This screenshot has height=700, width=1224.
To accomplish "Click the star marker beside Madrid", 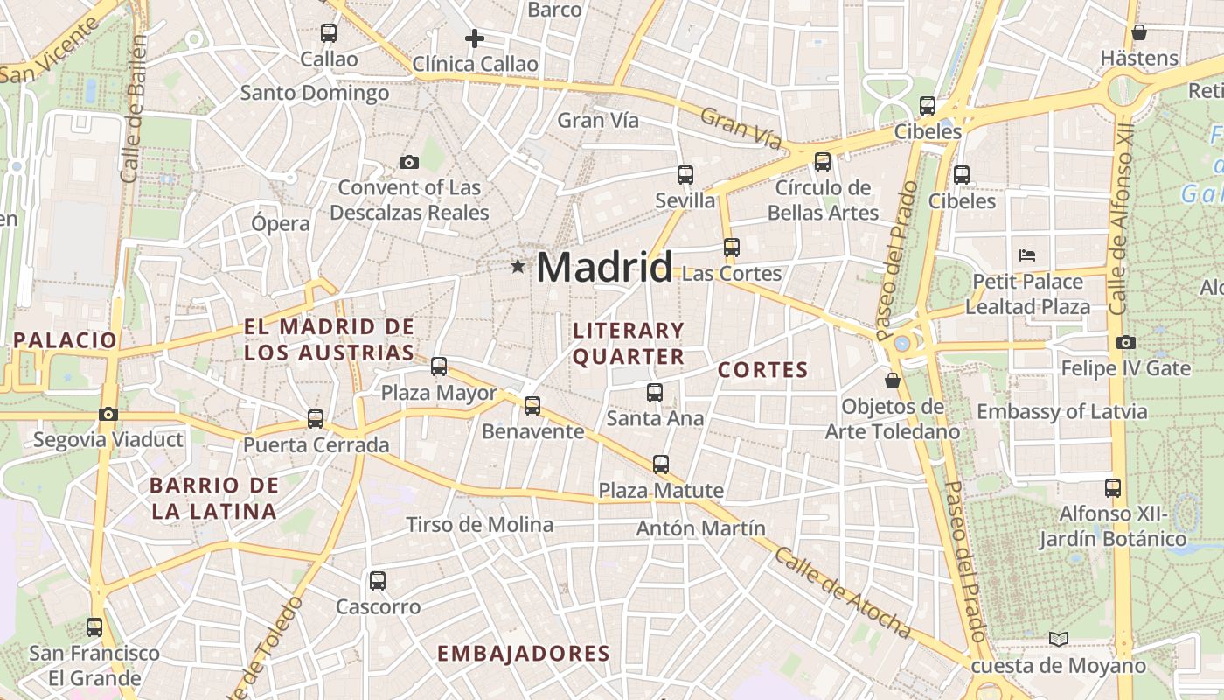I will [x=518, y=266].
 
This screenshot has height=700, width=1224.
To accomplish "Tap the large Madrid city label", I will [x=604, y=266].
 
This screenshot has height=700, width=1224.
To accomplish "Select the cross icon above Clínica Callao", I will [x=475, y=38].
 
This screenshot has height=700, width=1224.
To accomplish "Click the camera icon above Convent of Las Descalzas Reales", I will [x=408, y=162].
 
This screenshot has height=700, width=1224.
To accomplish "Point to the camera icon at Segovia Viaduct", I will [x=108, y=414].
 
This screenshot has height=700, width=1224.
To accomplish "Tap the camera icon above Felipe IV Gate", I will [x=1126, y=342].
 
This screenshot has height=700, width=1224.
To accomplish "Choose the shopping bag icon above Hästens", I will [x=1139, y=33].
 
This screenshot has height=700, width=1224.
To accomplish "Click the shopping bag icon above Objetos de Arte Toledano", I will [x=893, y=381].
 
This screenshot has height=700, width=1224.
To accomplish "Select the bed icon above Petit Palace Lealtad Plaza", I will [x=1028, y=255].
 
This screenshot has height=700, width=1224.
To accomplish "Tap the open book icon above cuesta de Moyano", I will [x=1059, y=640].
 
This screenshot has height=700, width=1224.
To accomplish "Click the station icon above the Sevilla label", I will [x=685, y=175].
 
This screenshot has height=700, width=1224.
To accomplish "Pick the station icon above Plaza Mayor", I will [x=439, y=367].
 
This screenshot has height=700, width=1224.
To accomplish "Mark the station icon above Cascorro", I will [x=378, y=581].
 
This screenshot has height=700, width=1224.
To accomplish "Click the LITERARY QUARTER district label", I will [x=629, y=343].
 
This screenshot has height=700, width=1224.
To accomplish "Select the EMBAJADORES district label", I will [x=523, y=653].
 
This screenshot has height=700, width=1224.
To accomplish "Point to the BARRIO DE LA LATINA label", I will [x=214, y=498].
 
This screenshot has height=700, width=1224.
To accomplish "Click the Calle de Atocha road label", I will [x=843, y=592].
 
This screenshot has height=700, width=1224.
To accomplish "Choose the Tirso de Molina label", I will [x=479, y=525].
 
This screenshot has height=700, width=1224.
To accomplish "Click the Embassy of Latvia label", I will [x=1061, y=411].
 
